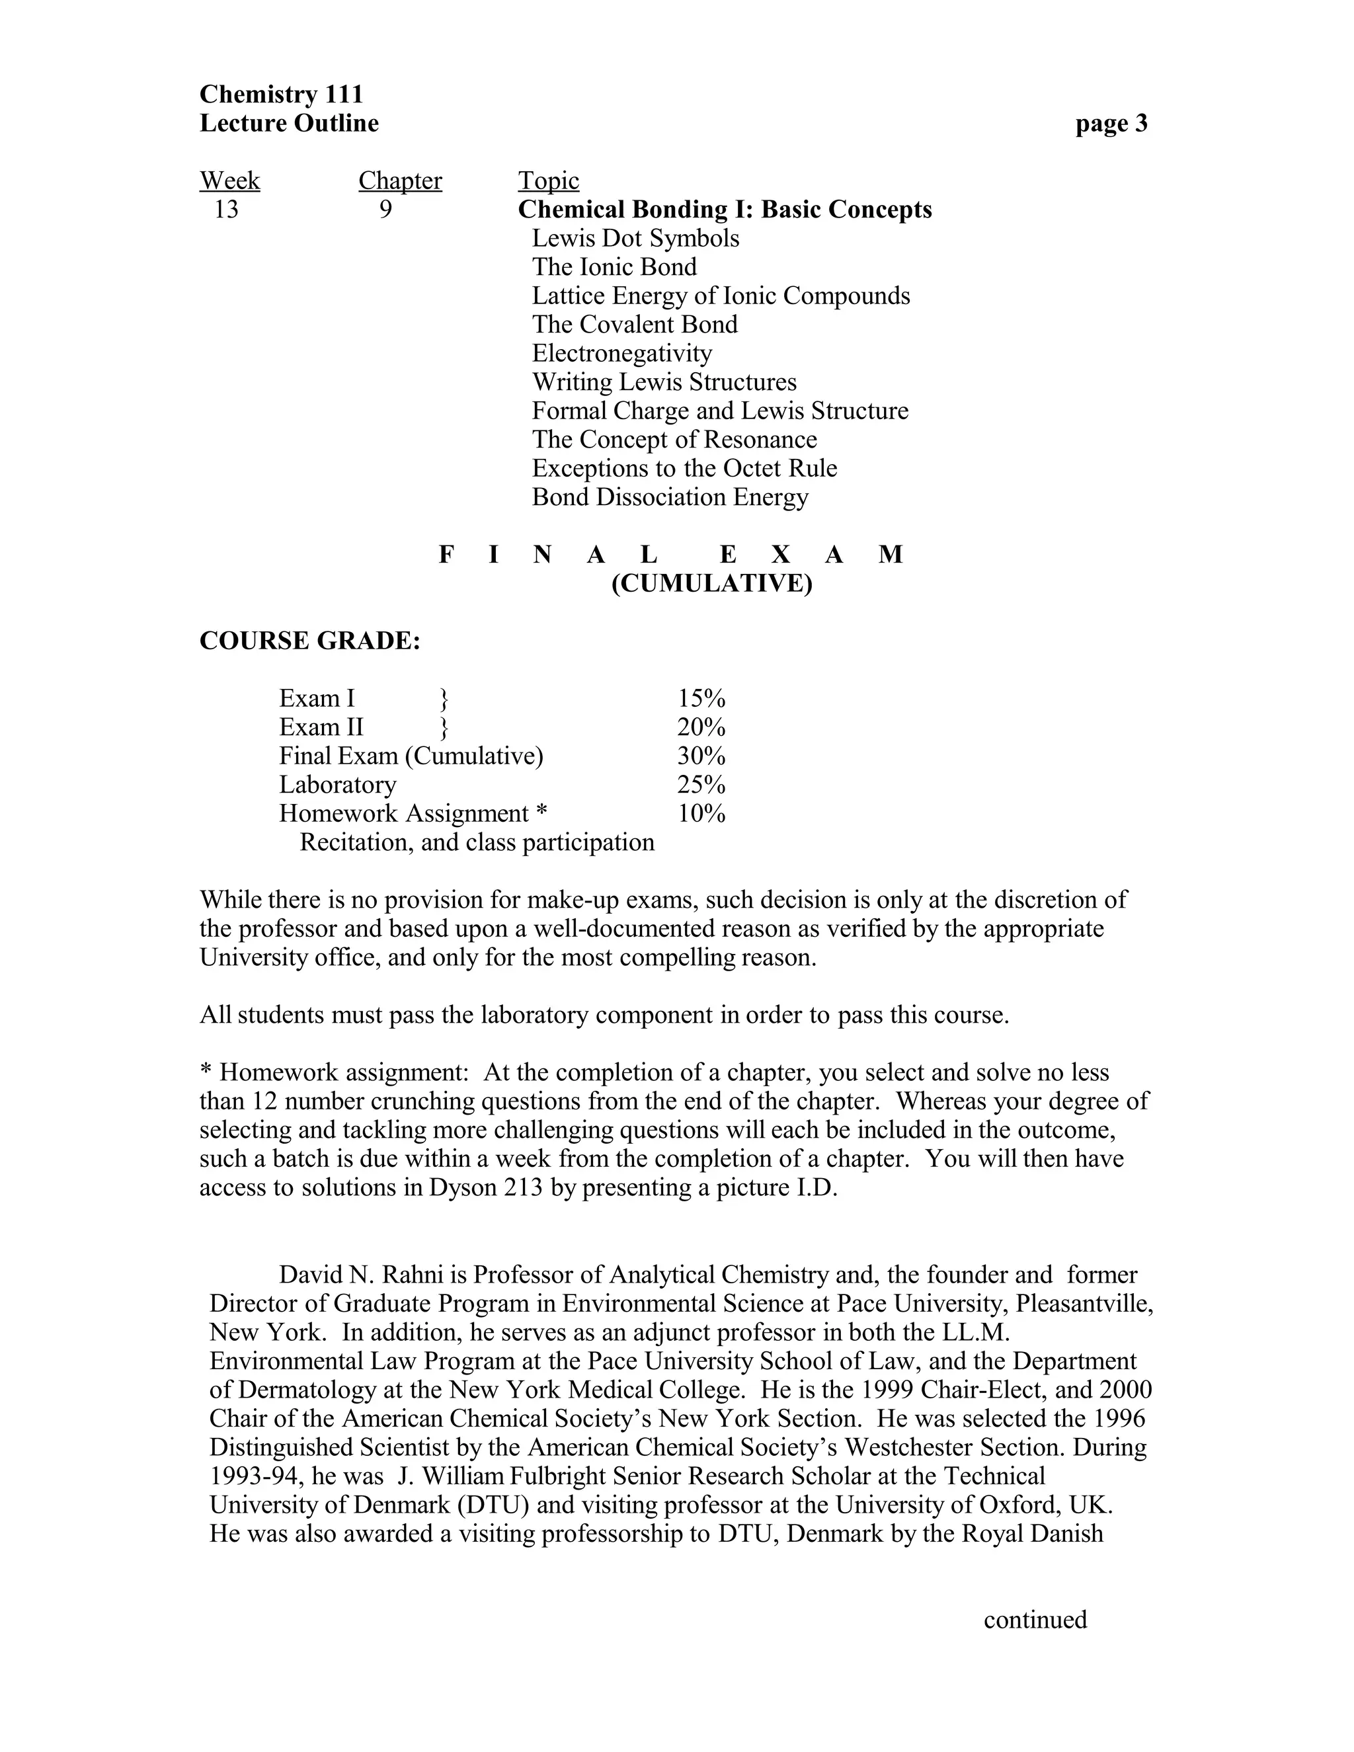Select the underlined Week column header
click(x=229, y=180)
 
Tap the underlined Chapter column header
click(x=399, y=180)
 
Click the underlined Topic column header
click(x=548, y=180)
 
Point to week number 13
click(x=226, y=210)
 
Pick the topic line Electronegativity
click(x=621, y=353)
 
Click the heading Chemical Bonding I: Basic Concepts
click(x=725, y=210)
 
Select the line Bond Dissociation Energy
click(x=670, y=497)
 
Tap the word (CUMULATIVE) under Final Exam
click(x=711, y=583)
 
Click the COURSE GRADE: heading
click(x=309, y=641)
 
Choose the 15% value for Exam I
click(x=701, y=699)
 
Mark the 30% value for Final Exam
click(x=701, y=756)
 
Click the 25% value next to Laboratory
click(x=701, y=785)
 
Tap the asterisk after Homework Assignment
click(x=541, y=812)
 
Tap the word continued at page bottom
click(x=1035, y=1620)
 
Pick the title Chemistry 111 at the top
click(x=281, y=95)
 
